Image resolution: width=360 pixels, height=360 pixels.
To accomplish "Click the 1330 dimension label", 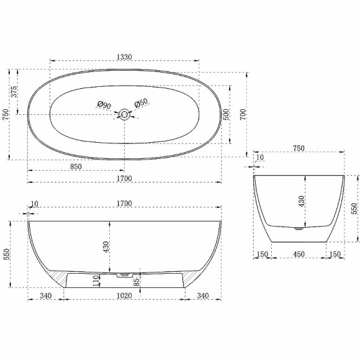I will coord(124,56).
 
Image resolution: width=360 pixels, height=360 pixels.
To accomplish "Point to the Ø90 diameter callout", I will coord(104,106).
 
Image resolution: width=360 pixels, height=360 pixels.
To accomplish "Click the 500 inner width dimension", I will coord(227,114).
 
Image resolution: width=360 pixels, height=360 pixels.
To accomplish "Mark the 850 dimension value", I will coord(75,166).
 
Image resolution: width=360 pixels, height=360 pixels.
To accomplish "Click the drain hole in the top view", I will coord(125,114).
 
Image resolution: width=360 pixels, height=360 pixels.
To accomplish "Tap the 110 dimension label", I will coord(96,281).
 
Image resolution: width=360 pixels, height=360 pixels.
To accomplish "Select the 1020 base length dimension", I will coord(125,296).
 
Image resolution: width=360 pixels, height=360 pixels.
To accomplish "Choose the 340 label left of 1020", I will coord(45,296).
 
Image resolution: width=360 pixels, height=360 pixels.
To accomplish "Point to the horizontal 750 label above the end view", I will coord(299,148).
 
